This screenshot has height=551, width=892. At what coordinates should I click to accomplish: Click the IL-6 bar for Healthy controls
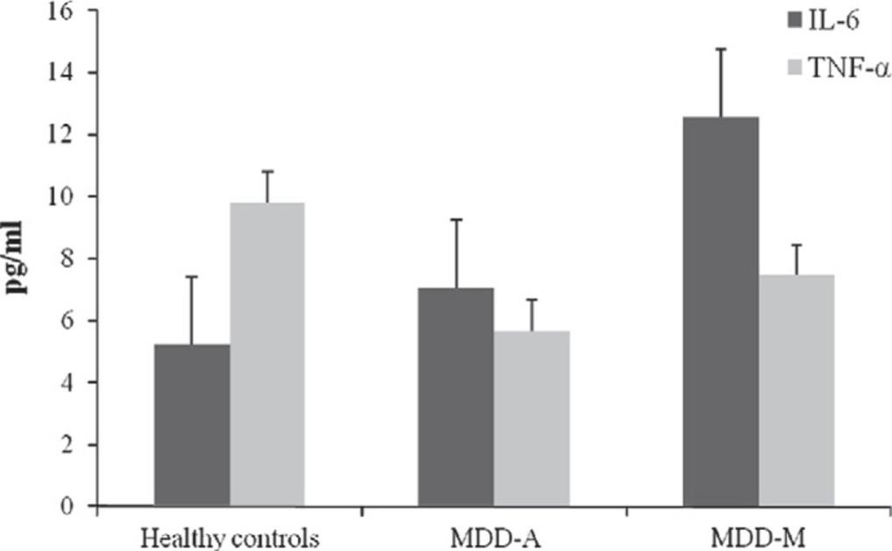coord(192,425)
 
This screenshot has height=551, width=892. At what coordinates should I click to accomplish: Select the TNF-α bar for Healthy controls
coord(267,354)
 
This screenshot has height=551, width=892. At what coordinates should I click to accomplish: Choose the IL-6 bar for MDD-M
coord(721,311)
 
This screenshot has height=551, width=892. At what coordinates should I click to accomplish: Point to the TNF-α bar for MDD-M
coord(796,390)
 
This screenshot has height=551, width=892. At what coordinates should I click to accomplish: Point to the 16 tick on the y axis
coord(67,11)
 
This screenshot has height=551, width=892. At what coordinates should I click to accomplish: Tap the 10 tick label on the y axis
coord(67,197)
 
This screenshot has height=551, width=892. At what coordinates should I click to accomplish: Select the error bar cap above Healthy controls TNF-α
coord(267,171)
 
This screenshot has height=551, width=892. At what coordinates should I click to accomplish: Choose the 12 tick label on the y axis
coord(67,135)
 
